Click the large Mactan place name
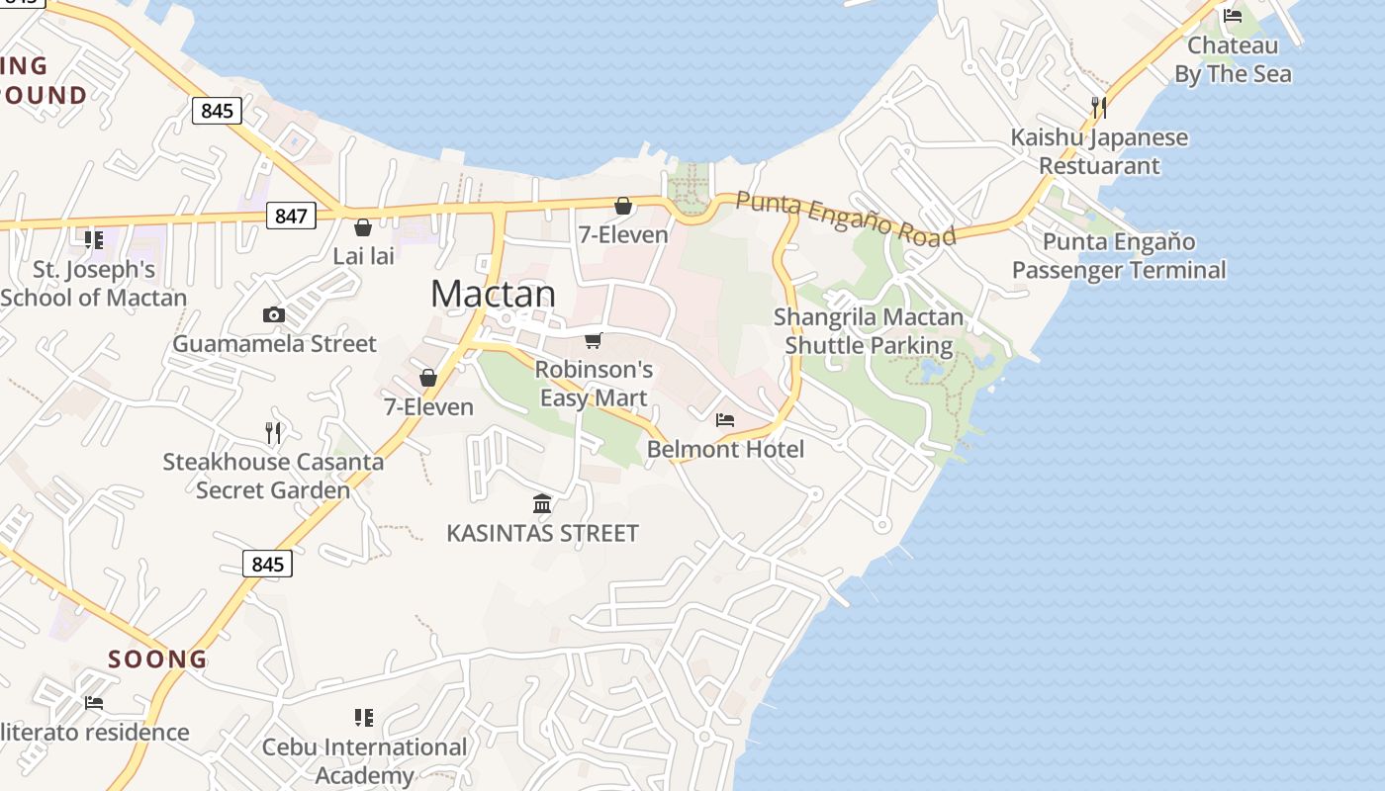pyautogui.click(x=493, y=294)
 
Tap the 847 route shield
pyautogui.click(x=291, y=216)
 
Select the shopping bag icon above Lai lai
pyautogui.click(x=363, y=227)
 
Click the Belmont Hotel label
pyautogui.click(x=725, y=449)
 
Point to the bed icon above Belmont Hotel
pyautogui.click(x=725, y=419)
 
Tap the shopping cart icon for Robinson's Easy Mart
pyautogui.click(x=593, y=341)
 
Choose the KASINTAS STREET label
pyautogui.click(x=542, y=533)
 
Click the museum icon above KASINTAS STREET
pyautogui.click(x=542, y=504)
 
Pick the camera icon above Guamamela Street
pyautogui.click(x=274, y=314)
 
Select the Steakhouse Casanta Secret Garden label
pyautogui.click(x=273, y=476)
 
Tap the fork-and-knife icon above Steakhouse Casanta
pyautogui.click(x=273, y=432)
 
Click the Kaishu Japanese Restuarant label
pyautogui.click(x=1099, y=151)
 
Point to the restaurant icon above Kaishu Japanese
pyautogui.click(x=1098, y=106)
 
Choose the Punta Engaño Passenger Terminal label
pyautogui.click(x=1119, y=256)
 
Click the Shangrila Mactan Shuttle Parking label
pyautogui.click(x=869, y=331)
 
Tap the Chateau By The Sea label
pyautogui.click(x=1233, y=59)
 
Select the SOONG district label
pyautogui.click(x=157, y=659)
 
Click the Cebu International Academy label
pyautogui.click(x=364, y=761)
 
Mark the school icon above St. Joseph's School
pyautogui.click(x=94, y=239)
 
